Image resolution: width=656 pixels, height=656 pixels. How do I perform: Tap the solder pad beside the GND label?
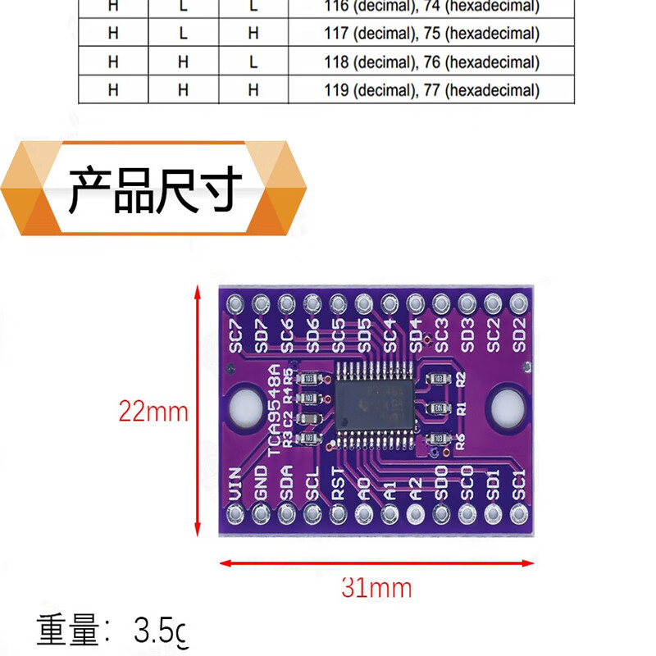262,514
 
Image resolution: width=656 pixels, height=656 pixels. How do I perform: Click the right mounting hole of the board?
506,405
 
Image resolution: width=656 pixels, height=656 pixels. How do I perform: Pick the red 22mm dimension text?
153,411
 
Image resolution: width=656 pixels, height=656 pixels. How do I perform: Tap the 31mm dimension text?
376,587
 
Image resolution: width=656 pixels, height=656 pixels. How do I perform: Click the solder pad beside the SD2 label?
517,304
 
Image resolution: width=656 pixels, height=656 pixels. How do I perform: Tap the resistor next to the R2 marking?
438,378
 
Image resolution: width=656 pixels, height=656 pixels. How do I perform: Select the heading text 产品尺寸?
155,189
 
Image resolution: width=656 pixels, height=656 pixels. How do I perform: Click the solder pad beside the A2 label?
416,514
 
